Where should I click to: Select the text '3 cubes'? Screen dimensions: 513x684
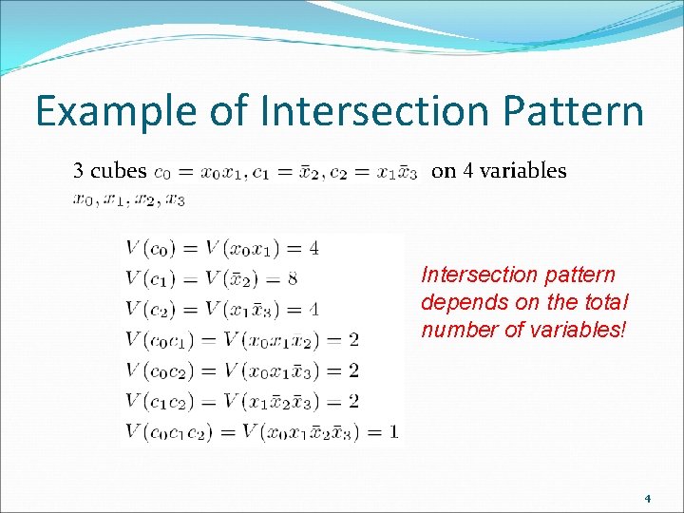coord(110,171)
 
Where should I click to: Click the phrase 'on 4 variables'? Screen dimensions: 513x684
coord(499,171)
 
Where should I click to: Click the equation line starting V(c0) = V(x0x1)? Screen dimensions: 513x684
coord(221,249)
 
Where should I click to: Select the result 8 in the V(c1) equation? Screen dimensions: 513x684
coord(292,279)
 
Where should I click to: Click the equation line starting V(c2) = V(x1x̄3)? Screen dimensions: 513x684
coord(221,310)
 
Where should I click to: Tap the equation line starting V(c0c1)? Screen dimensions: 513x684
coord(241,340)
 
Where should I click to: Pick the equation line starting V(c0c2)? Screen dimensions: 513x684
coord(241,370)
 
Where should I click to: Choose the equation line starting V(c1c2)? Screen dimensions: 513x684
coord(241,401)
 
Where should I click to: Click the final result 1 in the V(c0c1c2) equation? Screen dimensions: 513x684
coord(393,432)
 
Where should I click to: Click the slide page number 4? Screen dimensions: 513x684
coord(648,498)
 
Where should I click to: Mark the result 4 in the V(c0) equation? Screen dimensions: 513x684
coord(313,249)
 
